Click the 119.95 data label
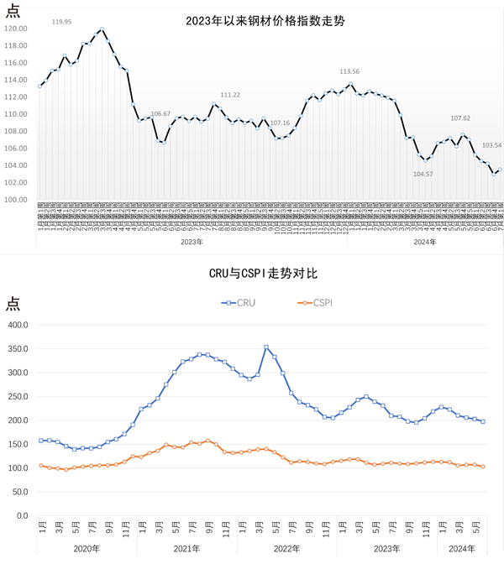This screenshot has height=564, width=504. coord(61,22)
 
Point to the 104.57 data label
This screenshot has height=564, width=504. coord(423,174)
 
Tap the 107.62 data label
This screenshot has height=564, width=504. coord(460,118)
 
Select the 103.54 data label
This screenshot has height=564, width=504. coord(491,145)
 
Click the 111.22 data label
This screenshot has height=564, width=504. coord(230,95)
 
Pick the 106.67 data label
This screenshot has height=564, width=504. coord(160,113)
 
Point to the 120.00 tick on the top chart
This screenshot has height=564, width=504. coord(16,29)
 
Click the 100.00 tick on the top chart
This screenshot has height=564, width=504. coord(16,200)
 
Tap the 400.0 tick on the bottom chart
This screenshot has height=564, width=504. coord(19,325)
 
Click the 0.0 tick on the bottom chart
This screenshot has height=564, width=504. coord(24,515)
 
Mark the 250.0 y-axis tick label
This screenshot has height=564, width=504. coord(19,396)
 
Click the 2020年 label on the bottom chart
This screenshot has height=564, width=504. coord(87,548)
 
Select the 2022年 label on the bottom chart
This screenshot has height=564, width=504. coord(286,548)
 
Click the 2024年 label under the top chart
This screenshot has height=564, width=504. coord(426,243)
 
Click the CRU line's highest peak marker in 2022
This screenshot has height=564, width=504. coord(266,347)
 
